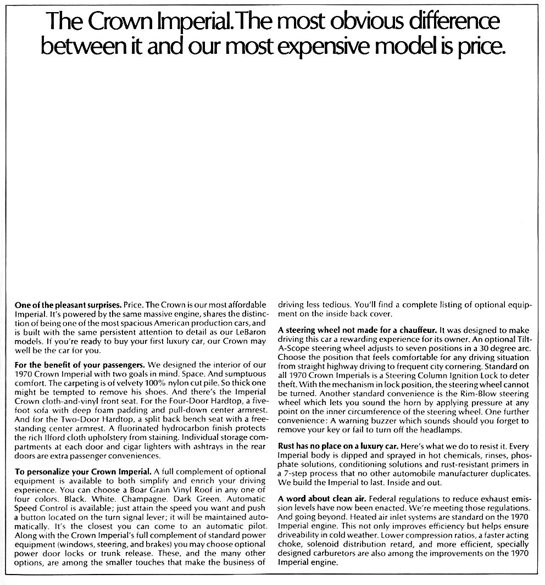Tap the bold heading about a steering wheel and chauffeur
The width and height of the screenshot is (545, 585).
pos(357,330)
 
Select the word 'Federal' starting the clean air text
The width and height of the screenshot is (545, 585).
pos(383,498)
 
